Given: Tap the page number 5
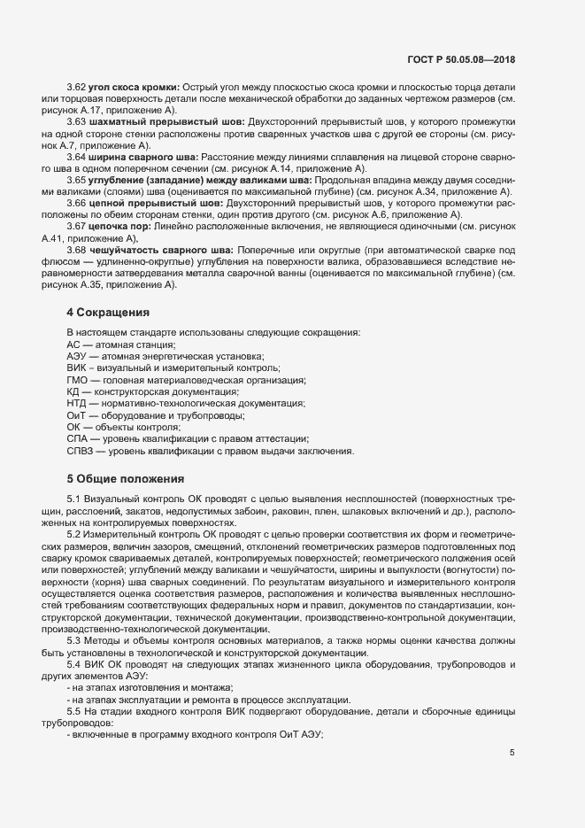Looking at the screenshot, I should [x=512, y=753].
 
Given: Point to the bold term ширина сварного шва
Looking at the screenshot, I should [x=142, y=157].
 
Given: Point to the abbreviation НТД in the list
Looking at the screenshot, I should [x=78, y=404].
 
